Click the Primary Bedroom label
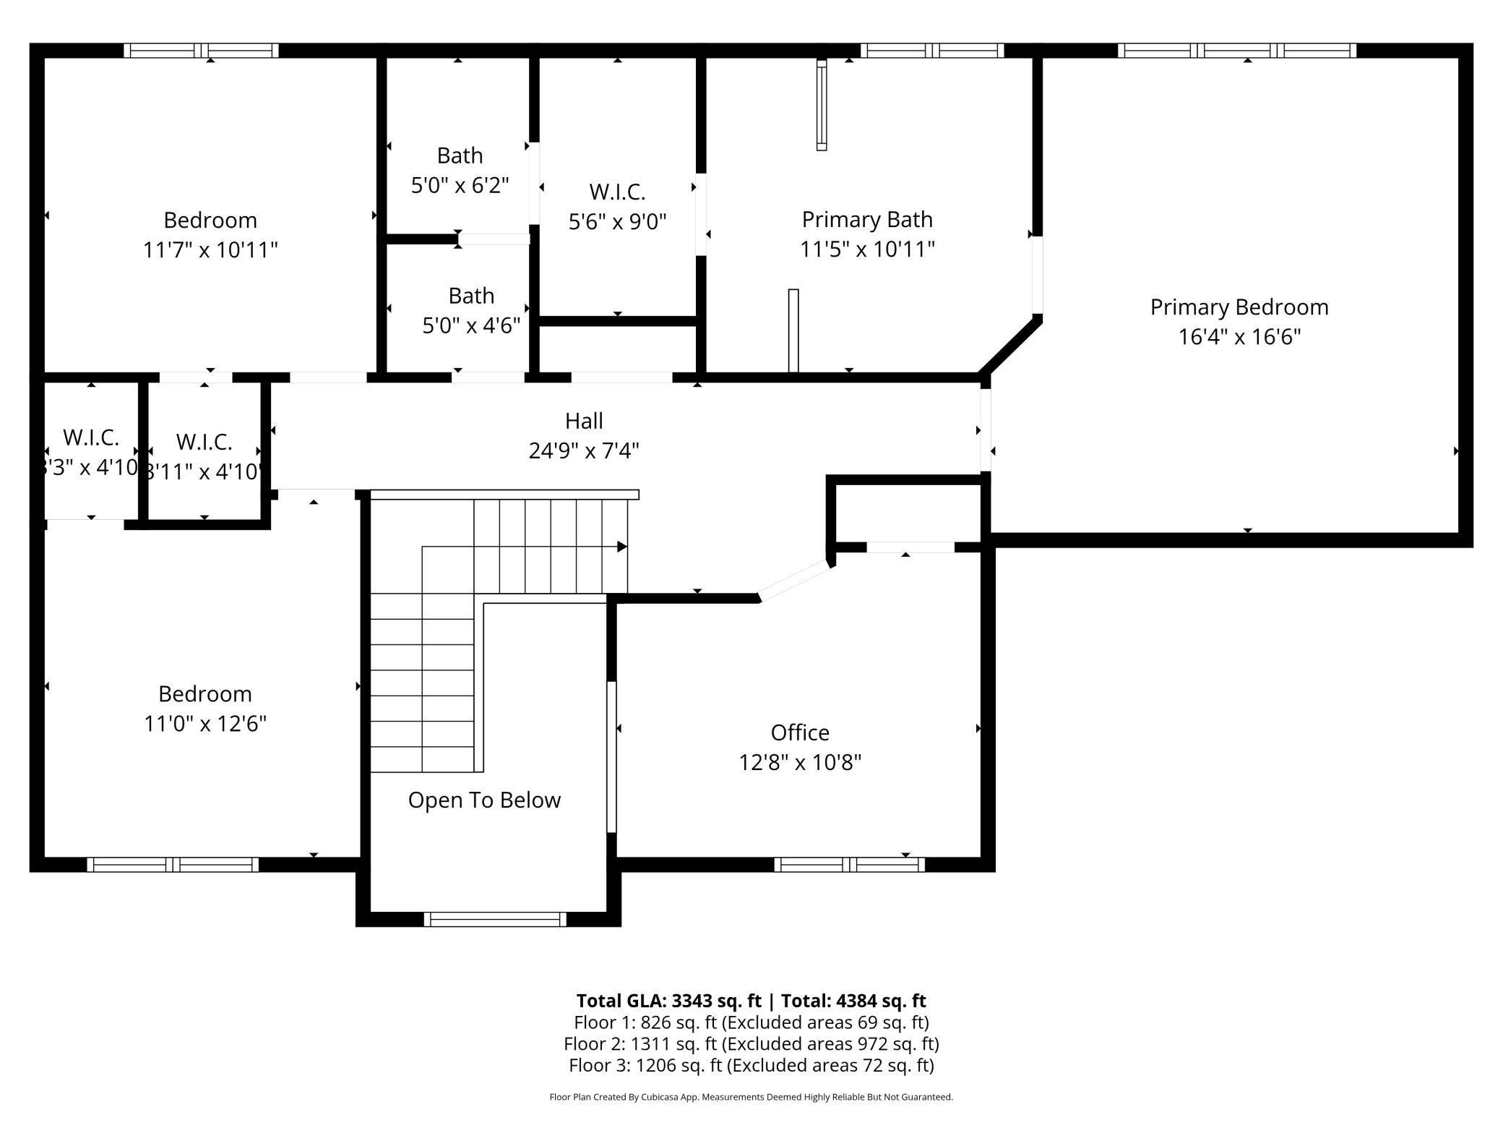point(1239,307)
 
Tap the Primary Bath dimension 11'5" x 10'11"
point(867,249)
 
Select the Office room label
point(799,732)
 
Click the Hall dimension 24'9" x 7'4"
point(584,451)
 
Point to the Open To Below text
point(484,800)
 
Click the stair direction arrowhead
point(621,547)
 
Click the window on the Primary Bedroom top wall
point(1236,51)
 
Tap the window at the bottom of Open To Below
point(495,919)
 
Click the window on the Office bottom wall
point(849,864)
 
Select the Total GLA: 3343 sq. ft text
point(668,1001)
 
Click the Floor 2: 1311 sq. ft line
point(751,1043)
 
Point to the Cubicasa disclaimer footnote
point(751,1097)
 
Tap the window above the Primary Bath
point(931,51)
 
